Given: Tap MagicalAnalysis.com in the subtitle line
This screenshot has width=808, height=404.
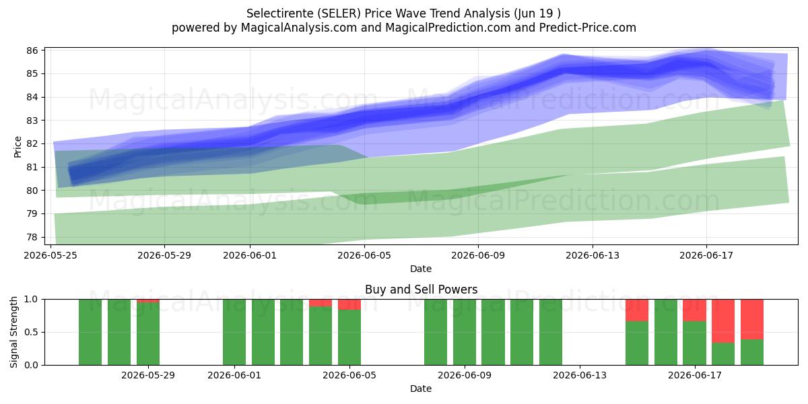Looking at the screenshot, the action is (x=299, y=28).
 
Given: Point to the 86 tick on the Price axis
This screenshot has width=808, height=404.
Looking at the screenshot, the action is (x=32, y=50).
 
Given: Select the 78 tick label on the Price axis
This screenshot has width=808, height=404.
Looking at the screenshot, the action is (x=32, y=237).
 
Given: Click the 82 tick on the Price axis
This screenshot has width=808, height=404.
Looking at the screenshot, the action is (x=32, y=143).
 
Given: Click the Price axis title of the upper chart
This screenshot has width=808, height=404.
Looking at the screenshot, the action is (x=18, y=147).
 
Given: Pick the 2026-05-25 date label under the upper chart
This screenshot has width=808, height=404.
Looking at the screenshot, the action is (x=50, y=255).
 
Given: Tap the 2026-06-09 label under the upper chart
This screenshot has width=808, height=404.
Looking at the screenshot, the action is (x=478, y=255).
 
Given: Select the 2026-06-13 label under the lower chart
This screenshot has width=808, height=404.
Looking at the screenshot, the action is (x=580, y=375).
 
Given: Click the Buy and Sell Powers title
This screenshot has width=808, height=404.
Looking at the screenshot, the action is (x=421, y=290).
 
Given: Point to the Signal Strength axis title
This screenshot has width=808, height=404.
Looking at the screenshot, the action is (x=13, y=332).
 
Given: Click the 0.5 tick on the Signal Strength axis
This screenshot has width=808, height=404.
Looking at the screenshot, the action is (x=31, y=332).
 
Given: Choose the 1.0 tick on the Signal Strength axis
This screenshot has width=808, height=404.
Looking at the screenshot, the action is (x=31, y=300).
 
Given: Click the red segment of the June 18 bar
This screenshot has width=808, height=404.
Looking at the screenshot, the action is (x=723, y=321).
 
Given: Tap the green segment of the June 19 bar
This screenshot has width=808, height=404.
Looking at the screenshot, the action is (x=752, y=352).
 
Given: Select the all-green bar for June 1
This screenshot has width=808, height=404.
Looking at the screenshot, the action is (x=234, y=332).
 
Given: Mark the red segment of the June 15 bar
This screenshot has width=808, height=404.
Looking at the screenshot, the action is (x=637, y=310).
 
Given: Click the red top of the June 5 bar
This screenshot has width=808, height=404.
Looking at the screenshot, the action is (x=349, y=304).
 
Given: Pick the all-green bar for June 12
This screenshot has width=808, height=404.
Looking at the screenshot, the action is (x=551, y=332).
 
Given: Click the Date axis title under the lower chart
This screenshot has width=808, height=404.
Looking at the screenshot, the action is (x=421, y=389).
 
